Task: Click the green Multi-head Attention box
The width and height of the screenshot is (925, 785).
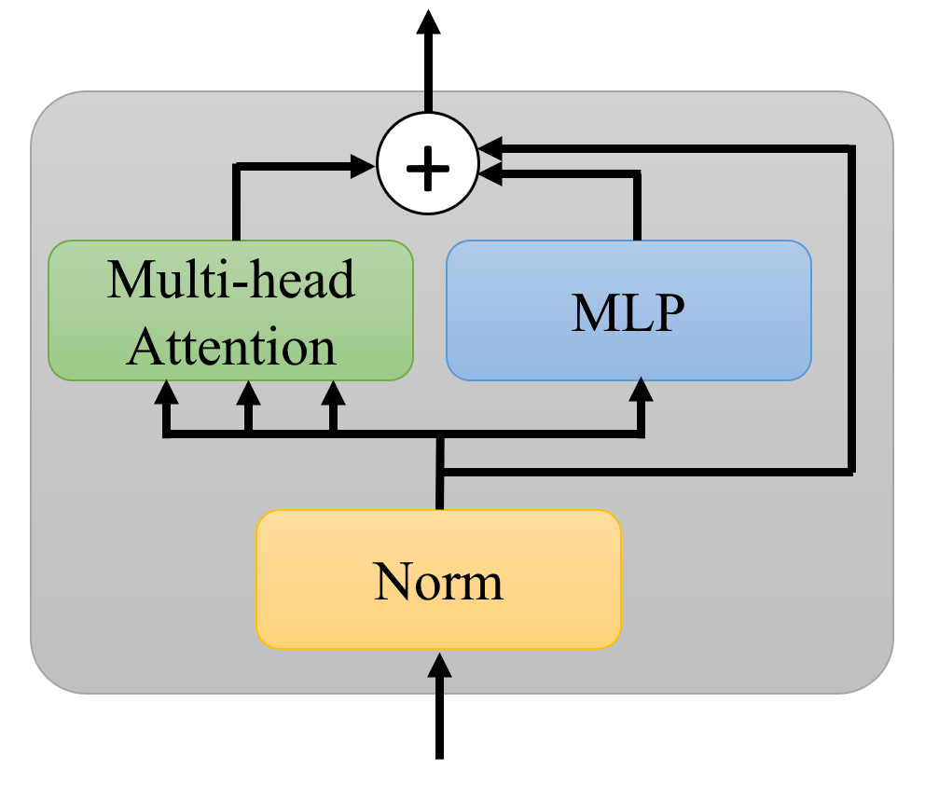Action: pos(230,310)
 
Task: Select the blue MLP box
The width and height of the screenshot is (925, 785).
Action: pos(628,310)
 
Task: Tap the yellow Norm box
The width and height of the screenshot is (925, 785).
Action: pos(438,579)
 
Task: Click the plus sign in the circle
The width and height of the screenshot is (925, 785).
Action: pos(428,165)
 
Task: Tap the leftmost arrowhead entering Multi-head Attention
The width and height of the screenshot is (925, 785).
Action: pos(166,392)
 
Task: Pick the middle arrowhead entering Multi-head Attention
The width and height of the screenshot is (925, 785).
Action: pos(247,392)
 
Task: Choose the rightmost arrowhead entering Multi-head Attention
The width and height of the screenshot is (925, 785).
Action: pos(333,392)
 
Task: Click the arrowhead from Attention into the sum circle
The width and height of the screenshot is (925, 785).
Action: pos(365,166)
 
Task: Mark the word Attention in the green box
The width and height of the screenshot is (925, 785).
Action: pos(230,347)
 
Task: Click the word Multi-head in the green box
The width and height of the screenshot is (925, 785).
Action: pos(230,278)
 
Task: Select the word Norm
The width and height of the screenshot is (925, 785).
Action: pos(438,581)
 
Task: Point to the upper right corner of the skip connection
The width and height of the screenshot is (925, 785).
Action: pos(851,147)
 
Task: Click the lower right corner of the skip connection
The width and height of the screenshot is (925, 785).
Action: pos(851,472)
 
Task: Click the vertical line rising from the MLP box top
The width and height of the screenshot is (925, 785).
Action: pos(639,207)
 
